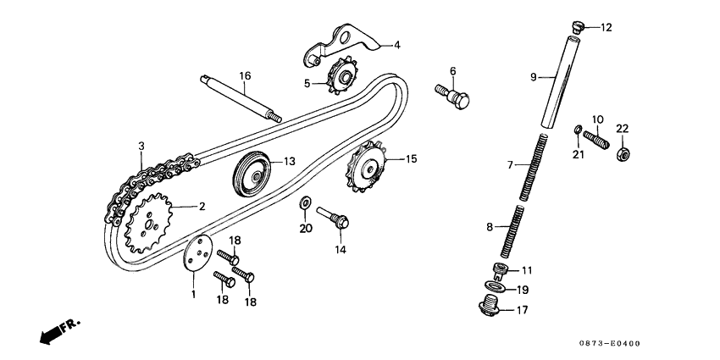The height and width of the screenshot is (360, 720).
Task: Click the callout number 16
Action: coord(245,76)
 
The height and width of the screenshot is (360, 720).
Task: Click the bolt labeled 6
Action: coord(452,94)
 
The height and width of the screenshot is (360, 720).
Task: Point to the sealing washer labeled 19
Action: coord(500,289)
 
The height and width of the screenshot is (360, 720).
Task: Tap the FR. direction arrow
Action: coord(55,330)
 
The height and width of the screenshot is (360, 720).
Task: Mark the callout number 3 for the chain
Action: coord(141,147)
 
